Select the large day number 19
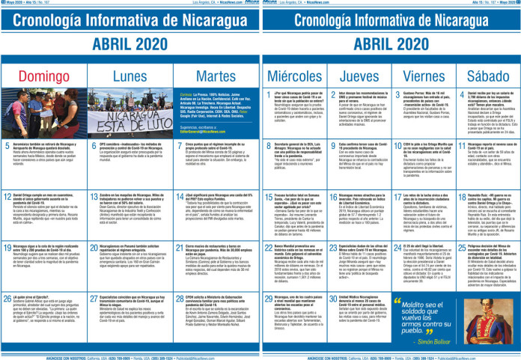pyautogui.click(x=8, y=267)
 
